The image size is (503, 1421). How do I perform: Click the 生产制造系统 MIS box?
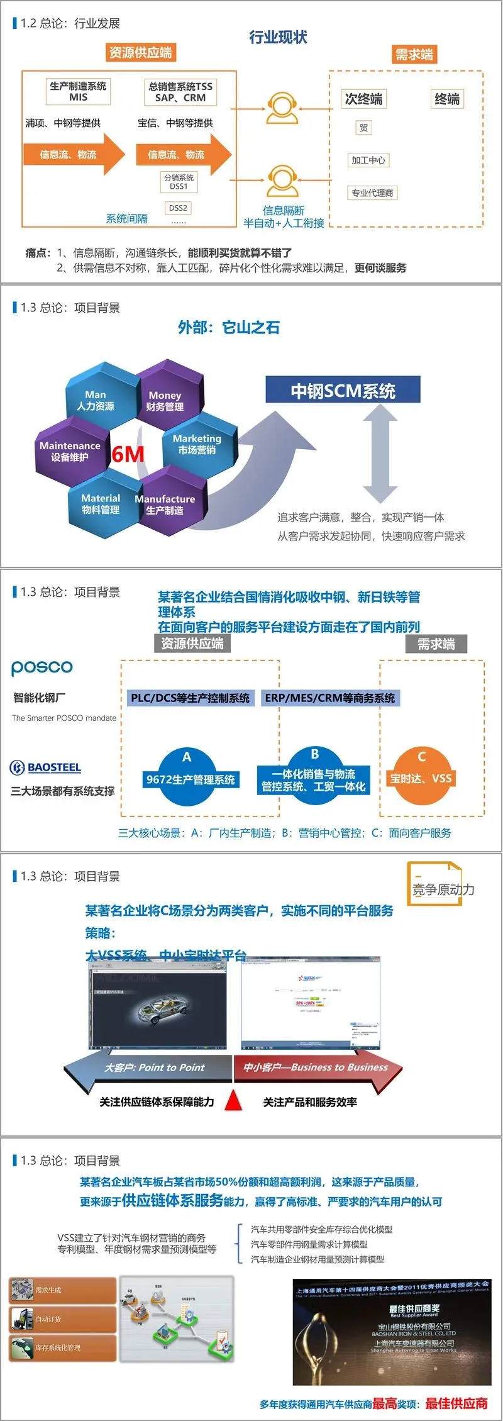79,92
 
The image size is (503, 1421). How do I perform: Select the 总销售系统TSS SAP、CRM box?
180,92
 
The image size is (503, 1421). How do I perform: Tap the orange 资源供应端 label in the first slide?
140,52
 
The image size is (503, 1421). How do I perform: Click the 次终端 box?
363,99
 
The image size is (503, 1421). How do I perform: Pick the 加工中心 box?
368,160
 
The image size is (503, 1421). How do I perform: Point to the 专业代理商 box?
372,193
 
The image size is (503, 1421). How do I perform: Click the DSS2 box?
178,208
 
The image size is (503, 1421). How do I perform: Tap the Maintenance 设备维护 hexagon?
70,450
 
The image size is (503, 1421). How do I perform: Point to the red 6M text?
128,454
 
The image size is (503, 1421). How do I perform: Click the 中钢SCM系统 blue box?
343,391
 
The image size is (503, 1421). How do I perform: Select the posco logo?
42,667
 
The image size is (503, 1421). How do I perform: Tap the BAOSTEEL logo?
46,767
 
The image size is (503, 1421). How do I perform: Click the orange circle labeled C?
421,776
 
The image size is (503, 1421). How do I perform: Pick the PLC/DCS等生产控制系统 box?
190,698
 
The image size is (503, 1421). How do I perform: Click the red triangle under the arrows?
234,1100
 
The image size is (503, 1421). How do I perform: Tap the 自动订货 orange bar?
63,1318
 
